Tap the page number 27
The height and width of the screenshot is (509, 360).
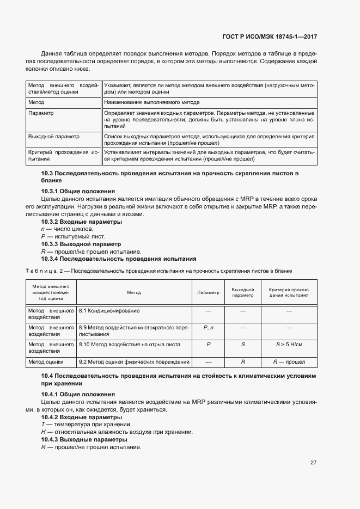[x=314, y=462]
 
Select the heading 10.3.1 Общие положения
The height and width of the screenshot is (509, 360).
[x=78, y=191]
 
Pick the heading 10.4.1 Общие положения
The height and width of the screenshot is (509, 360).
[x=78, y=394]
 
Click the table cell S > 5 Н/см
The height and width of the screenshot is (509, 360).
[x=289, y=345]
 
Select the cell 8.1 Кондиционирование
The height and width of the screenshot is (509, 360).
[x=109, y=310]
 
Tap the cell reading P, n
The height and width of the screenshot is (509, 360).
[x=208, y=328]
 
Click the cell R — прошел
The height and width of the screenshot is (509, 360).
[x=289, y=361]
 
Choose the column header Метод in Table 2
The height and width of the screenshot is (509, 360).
[x=134, y=292]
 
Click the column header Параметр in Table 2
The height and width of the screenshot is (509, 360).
[x=208, y=292]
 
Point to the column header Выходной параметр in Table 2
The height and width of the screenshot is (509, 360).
[x=243, y=292]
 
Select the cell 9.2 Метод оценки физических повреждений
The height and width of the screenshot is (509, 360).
[x=134, y=361]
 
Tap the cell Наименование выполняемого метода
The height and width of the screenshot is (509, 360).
[x=152, y=102]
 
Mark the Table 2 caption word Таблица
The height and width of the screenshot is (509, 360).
[x=39, y=270]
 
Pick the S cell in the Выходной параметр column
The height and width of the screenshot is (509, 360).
[x=243, y=345]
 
